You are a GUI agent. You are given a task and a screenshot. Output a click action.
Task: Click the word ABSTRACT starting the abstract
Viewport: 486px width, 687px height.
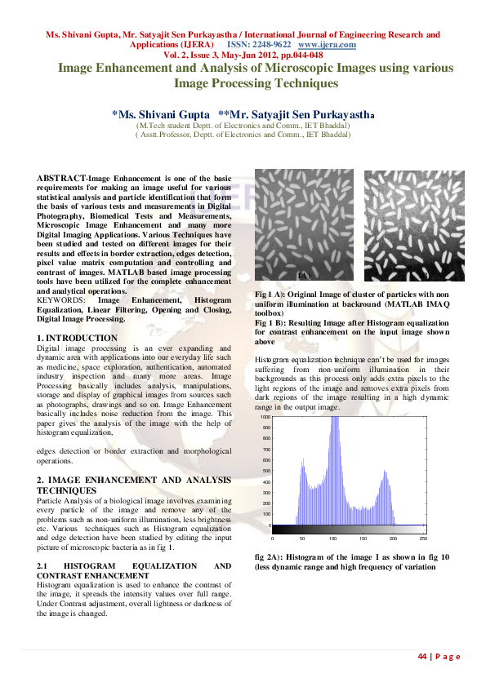(x=61, y=178)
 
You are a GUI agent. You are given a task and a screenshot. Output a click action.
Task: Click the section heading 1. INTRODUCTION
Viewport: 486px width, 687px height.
(x=78, y=338)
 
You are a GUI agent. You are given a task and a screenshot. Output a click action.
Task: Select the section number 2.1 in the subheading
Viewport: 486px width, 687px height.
(x=44, y=565)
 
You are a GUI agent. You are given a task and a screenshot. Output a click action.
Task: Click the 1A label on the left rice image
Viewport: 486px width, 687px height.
(x=304, y=276)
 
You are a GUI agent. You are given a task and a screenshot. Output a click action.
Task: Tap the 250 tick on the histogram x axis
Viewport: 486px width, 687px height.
(x=422, y=539)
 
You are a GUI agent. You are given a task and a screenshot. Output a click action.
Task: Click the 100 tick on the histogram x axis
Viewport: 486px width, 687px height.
(x=332, y=539)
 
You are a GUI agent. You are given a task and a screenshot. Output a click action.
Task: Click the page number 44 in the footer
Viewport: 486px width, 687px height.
(x=422, y=657)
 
